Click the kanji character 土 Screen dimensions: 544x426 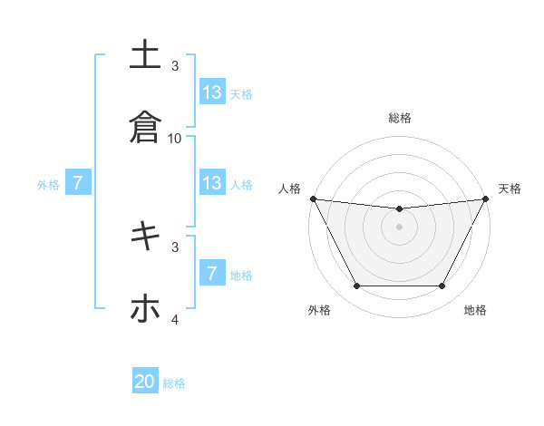pyautogui.click(x=145, y=54)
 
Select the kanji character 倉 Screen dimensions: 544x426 pyautogui.click(x=145, y=126)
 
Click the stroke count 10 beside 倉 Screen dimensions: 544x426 pyautogui.click(x=175, y=138)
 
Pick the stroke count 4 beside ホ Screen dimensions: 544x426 pyautogui.click(x=175, y=320)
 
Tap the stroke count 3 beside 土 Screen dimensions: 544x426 pyautogui.click(x=175, y=65)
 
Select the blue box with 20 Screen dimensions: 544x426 pyautogui.click(x=145, y=382)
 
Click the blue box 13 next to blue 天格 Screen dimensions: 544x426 pyautogui.click(x=212, y=92)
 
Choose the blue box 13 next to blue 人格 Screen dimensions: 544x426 pyautogui.click(x=212, y=183)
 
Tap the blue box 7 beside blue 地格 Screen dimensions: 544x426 pyautogui.click(x=212, y=274)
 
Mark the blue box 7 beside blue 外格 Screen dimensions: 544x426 pyautogui.click(x=78, y=183)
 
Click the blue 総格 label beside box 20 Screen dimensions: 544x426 pyautogui.click(x=174, y=383)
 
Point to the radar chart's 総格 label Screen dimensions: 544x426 pyautogui.click(x=400, y=118)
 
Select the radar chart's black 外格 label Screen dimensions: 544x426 pyautogui.click(x=319, y=310)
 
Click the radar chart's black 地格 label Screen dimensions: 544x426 pyautogui.click(x=475, y=310)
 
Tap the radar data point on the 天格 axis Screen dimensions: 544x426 pyautogui.click(x=485, y=198)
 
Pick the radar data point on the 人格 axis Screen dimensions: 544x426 pyautogui.click(x=314, y=198)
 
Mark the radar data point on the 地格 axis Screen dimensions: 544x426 pyautogui.click(x=442, y=286)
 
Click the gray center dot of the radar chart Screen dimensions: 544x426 pyautogui.click(x=400, y=227)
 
